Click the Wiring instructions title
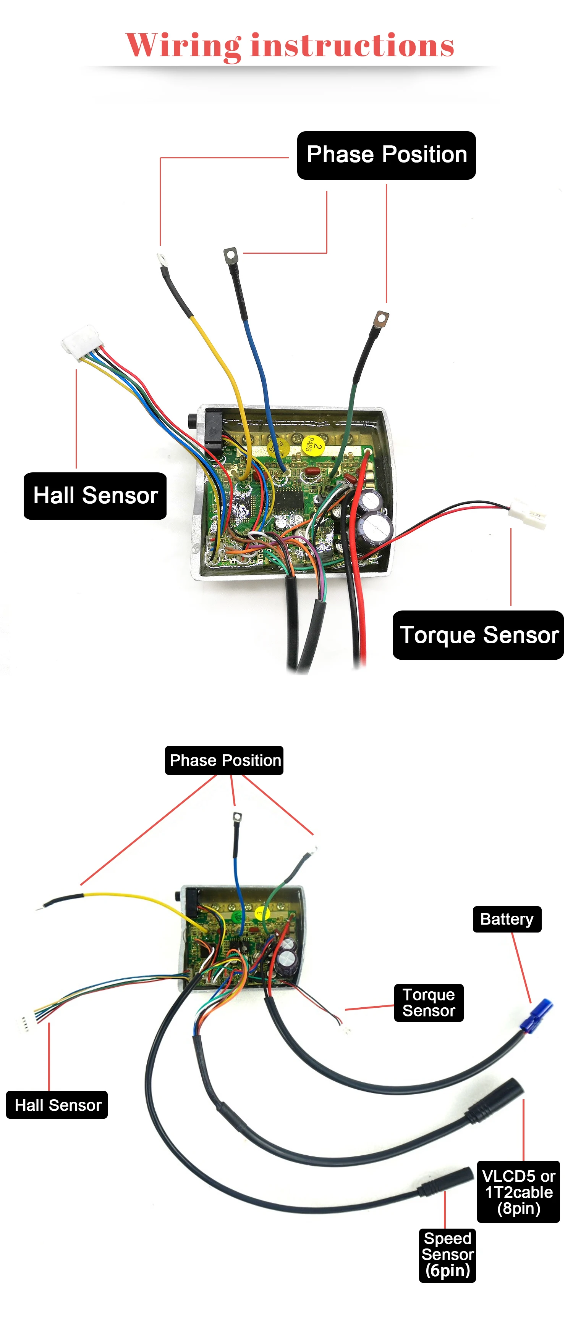pos(290,45)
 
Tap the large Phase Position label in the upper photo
pos(386,155)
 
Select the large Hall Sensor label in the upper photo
pos(95,496)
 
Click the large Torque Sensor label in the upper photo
pos(478,635)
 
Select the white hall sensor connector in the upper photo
pos(81,339)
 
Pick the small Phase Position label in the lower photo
pos(224,760)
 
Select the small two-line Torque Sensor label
pos(429,1002)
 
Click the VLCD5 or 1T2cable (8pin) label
pos(518,1191)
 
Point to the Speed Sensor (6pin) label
pos(447,1255)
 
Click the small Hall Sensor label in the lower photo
pos(57,1105)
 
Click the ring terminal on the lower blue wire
pos(236,817)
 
